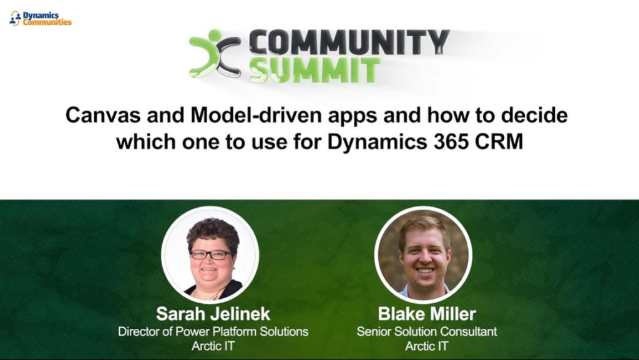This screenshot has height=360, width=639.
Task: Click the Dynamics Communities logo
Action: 40,19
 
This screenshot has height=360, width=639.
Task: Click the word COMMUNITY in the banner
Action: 349,42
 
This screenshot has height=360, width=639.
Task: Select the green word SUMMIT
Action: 315,70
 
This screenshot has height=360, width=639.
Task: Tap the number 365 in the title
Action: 451,142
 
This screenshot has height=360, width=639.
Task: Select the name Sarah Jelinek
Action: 213,314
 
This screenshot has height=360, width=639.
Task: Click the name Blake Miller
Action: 427,314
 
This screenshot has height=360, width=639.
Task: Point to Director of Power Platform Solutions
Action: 213,331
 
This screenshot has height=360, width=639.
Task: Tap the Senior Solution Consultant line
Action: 427,331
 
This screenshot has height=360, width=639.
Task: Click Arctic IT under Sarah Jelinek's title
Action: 213,346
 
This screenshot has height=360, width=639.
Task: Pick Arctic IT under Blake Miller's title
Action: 427,346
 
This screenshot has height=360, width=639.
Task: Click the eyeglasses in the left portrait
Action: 211,255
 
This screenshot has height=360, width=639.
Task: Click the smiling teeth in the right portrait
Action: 424,271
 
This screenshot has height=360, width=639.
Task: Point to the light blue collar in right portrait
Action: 424,291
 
